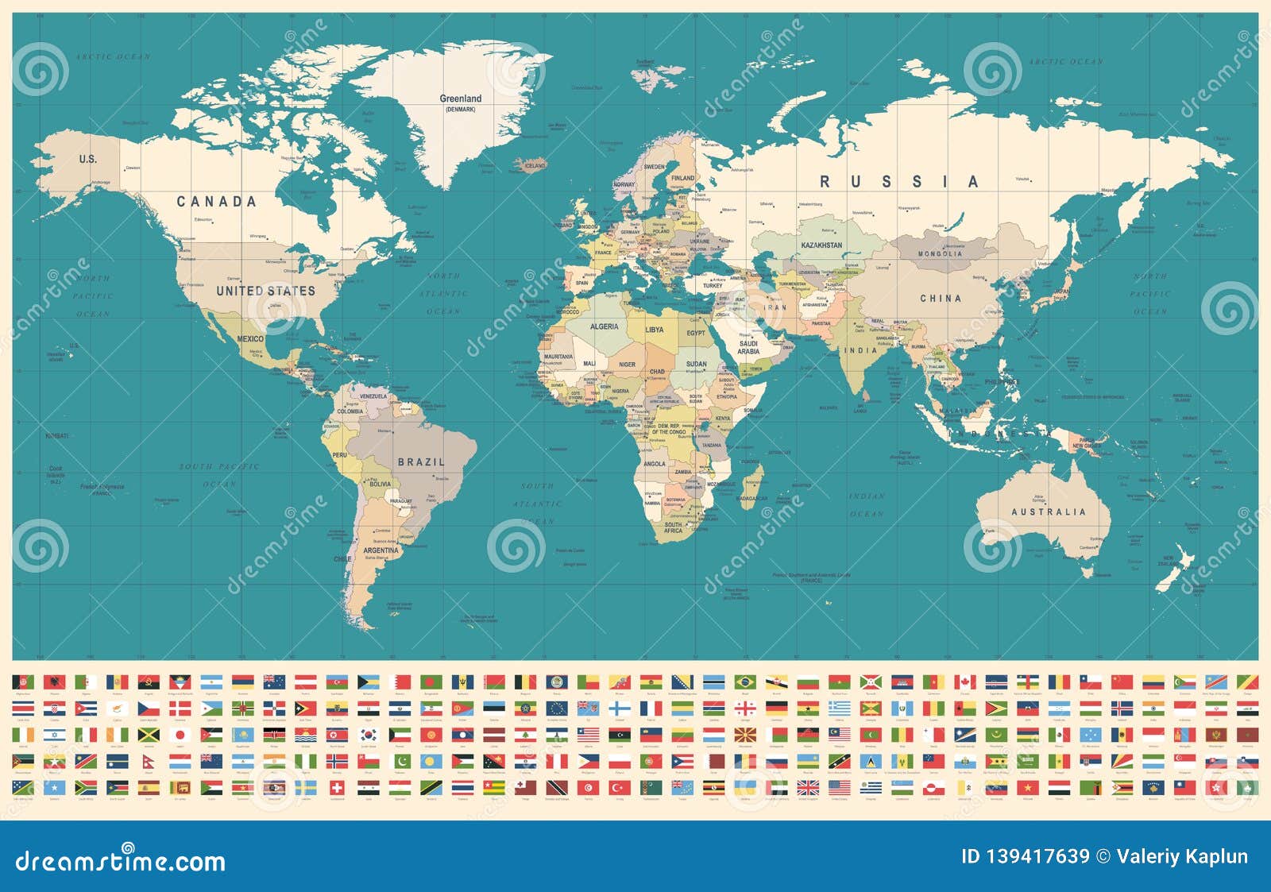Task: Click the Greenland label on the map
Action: [461, 99]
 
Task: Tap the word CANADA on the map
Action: [216, 202]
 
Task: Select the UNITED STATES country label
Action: [265, 292]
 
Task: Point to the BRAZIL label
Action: [421, 461]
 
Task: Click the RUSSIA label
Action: [898, 182]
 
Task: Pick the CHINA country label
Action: [941, 299]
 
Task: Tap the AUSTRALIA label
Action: [1048, 512]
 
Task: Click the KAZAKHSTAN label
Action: [821, 245]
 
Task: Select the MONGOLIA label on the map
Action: [940, 254]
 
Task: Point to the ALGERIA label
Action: [604, 326]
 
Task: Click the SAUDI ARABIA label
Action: [748, 348]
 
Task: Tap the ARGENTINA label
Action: [381, 550]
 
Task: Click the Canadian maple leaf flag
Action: [964, 682]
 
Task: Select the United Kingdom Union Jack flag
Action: [808, 787]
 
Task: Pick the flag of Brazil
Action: [744, 682]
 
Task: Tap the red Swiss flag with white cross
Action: [336, 787]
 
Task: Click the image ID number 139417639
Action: [1025, 856]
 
